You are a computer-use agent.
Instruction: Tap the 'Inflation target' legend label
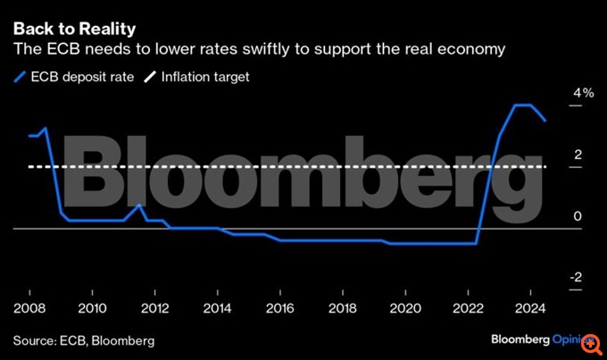205,77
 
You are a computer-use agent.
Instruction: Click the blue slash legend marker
20,77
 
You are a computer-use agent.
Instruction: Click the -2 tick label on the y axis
578,278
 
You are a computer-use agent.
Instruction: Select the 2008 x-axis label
29,307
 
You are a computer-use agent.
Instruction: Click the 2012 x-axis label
154,307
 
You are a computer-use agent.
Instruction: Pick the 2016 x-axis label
279,307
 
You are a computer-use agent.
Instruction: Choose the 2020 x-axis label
404,307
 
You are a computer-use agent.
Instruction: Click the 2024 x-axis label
530,307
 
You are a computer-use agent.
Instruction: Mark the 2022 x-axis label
468,307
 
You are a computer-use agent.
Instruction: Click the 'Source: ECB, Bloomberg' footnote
83,340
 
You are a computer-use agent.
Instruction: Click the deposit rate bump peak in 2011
138,205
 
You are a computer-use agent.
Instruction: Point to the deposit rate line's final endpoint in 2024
546,120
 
